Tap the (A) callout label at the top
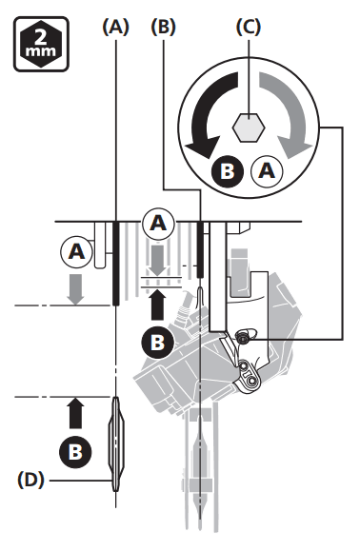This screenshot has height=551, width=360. (x=114, y=28)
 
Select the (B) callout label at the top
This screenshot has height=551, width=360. (x=164, y=28)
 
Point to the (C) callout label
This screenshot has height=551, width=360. (x=249, y=28)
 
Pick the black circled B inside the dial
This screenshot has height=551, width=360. (x=229, y=171)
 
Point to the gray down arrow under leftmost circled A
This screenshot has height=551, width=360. (x=76, y=287)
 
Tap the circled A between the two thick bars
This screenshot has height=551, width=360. (x=159, y=226)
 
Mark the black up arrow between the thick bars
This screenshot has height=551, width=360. (x=158, y=303)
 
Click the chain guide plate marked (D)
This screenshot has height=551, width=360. (x=115, y=443)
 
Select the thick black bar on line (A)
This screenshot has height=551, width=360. (x=115, y=263)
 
